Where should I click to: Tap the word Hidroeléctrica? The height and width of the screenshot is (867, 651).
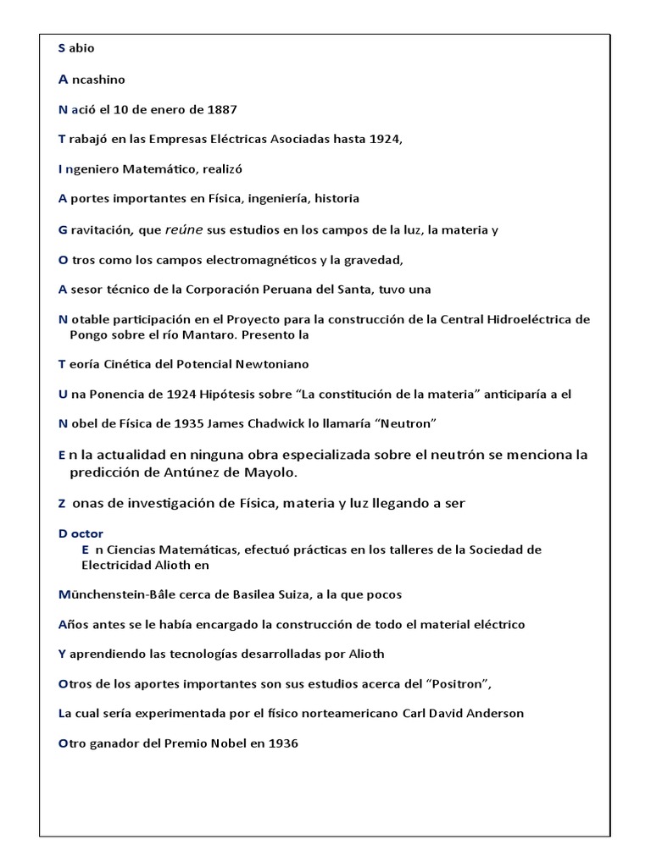[526, 319]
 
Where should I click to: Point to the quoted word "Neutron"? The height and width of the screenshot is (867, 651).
[409, 423]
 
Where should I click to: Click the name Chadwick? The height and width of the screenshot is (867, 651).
[281, 423]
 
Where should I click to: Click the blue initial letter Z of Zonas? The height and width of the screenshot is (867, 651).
[62, 504]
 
